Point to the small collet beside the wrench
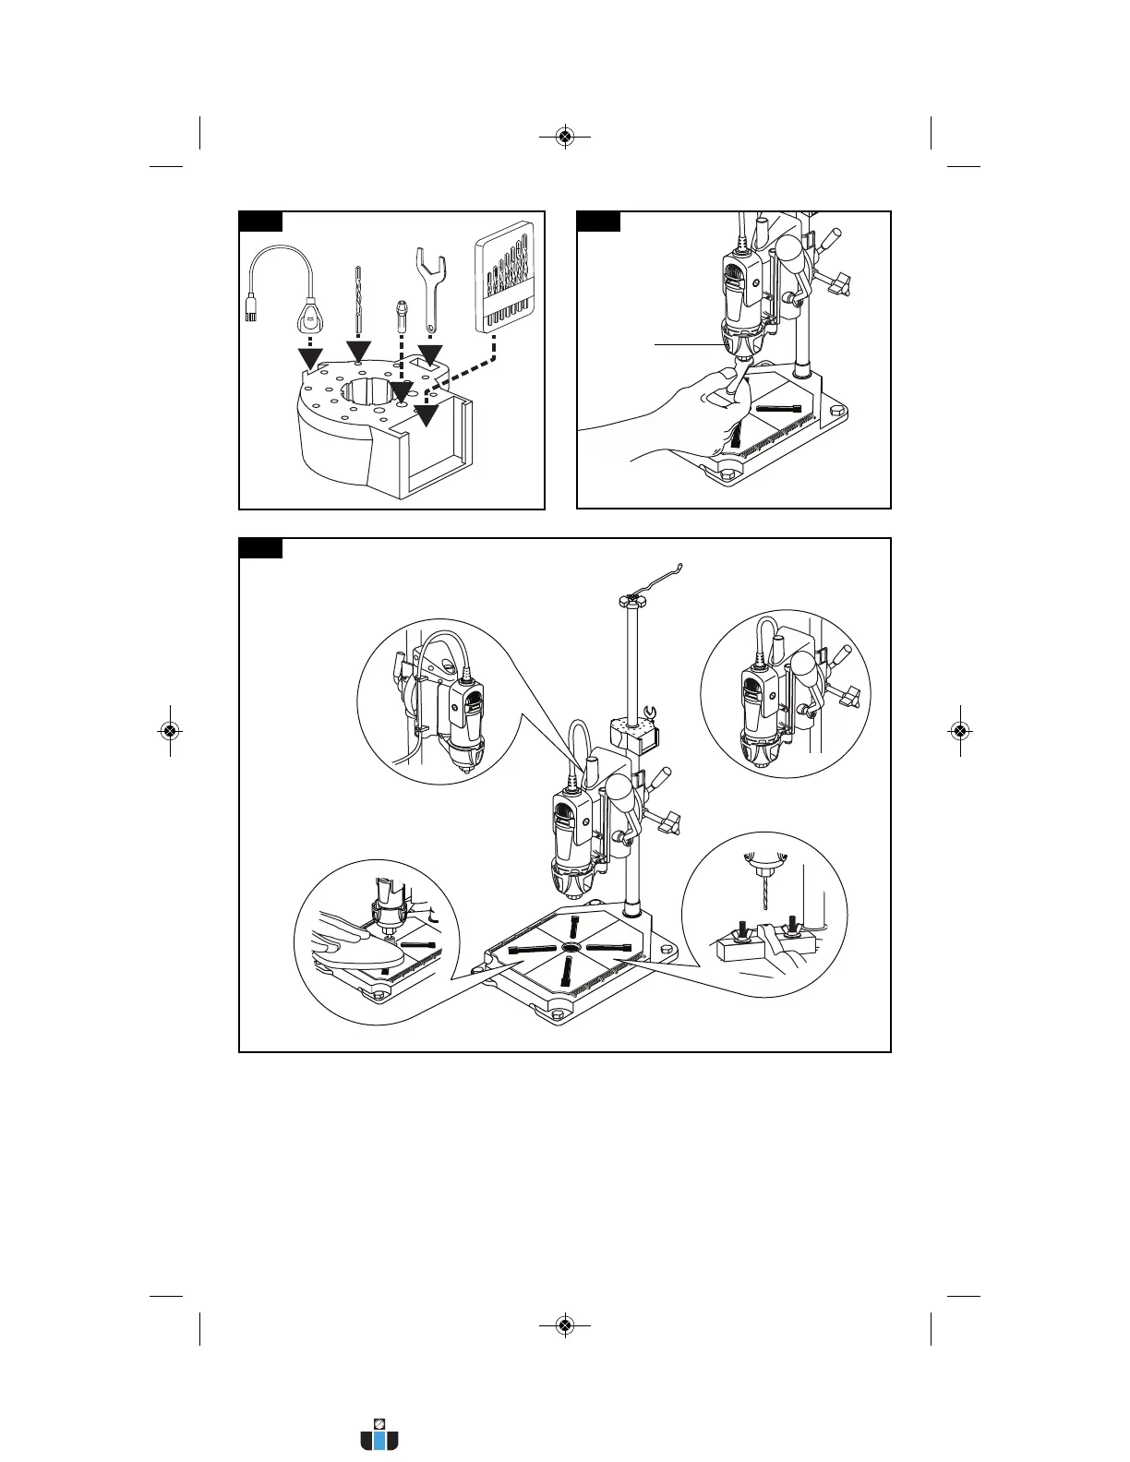coord(401,319)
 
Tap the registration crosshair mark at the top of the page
coord(565,138)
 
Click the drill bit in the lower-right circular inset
coord(763,896)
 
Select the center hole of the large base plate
coord(570,949)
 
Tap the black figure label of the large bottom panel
coord(260,548)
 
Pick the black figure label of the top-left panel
coord(260,221)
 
